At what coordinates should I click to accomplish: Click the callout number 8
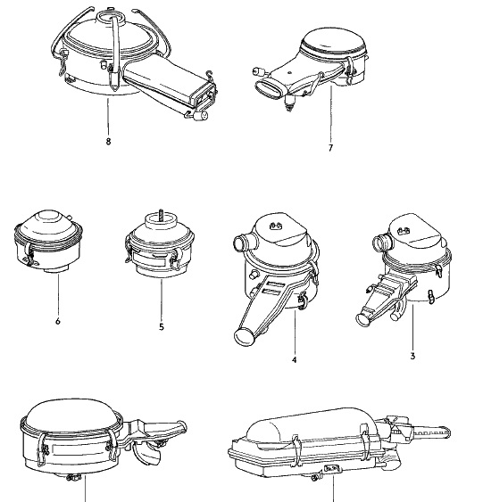coord(108,141)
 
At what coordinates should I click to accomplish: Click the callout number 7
coord(330,148)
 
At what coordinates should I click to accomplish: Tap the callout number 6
coord(58,321)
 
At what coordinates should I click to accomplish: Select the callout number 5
coord(162,327)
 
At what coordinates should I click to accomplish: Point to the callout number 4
coord(295,359)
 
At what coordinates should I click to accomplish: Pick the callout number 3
coord(412,356)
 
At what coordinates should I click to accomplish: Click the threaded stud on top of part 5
coord(161,215)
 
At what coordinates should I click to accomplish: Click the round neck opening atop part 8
coord(109,17)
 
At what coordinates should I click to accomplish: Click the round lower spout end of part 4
coord(245,337)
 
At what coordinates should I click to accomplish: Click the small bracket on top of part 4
coord(275,226)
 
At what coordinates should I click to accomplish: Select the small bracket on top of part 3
coord(404,231)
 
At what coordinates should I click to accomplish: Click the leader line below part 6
coord(58,294)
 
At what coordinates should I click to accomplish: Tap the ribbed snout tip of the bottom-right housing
coord(432,433)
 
